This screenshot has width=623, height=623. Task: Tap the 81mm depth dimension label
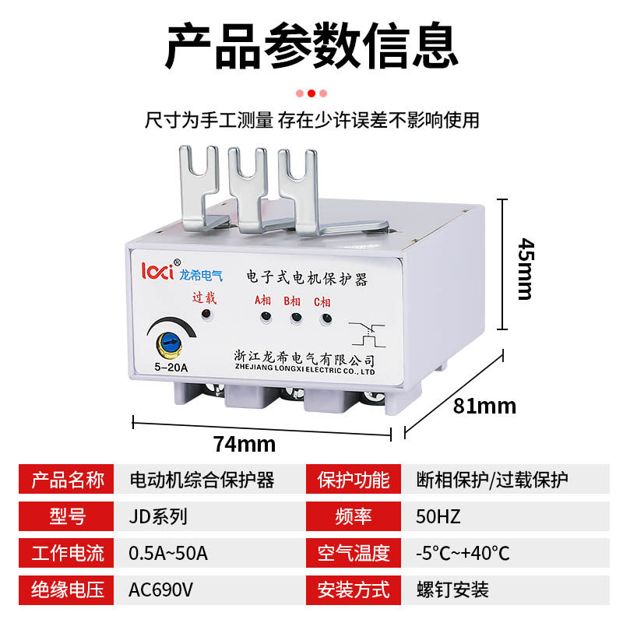485,406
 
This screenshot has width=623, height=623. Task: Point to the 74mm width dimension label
245,444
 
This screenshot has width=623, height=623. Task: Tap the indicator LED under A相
266,317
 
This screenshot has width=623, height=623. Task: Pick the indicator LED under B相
295,318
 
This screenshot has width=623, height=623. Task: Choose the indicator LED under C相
325,318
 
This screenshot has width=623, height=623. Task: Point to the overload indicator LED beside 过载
206,314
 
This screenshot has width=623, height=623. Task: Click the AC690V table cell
160,590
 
